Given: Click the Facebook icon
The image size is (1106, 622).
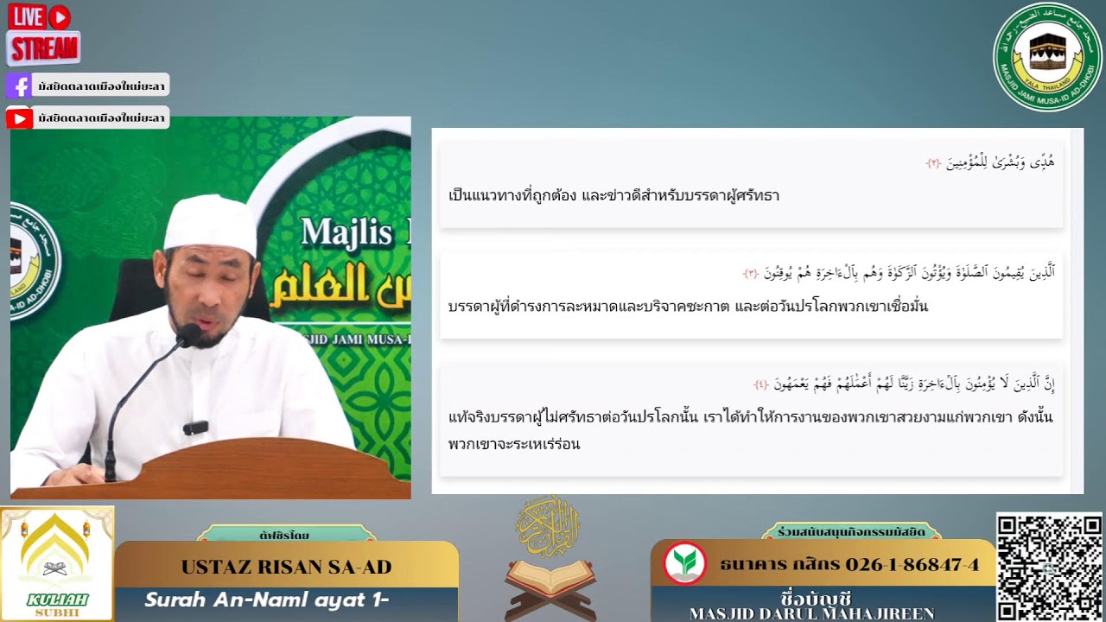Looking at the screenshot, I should coord(19,86).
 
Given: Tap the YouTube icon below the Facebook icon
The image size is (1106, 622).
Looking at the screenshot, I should coord(19,117).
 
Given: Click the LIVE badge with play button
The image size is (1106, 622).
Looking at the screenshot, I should coord(40,16).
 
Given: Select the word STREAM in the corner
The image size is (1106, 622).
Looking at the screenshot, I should coord(43,48).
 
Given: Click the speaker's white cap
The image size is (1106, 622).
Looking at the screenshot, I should coord(210,223).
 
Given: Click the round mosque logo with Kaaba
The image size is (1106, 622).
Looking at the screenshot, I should coord(1047,56).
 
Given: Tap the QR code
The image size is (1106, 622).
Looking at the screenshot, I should coord(1049,566).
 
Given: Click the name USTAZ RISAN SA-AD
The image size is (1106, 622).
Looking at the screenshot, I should coord(286,568).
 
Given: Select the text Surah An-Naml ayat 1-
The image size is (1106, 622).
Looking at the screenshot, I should coord(266,600).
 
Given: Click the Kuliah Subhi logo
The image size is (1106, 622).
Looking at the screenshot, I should coord(57,563).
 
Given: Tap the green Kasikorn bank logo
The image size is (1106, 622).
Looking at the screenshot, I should coord(684,563).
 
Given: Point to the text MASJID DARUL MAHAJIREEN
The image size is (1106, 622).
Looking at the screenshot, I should coord(811,613).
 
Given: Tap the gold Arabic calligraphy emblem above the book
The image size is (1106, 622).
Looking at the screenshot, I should coord(548,525).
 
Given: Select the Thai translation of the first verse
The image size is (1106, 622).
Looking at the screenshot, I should coord(613,195).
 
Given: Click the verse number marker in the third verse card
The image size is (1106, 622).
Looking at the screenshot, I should coord(761,384).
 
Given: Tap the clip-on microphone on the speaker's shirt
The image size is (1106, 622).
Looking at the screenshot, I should coord(195,427).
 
